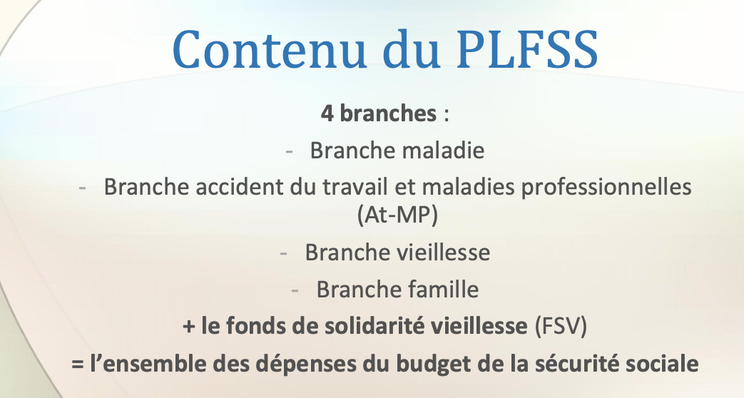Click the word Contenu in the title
coord(270,50)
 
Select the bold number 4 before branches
coord(327,113)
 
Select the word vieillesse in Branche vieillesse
coord(443,252)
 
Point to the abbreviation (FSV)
coord(561,327)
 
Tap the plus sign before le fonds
coord(189,327)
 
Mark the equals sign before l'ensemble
coord(78,364)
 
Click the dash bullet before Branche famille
coord(295,290)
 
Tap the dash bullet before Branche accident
coord(83,188)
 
